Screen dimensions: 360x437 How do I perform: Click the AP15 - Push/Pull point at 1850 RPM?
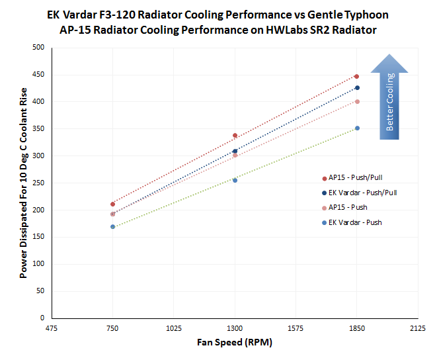356,77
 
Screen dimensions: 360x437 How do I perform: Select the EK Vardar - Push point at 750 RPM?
113,226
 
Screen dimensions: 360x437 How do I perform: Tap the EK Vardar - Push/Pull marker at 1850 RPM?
357,88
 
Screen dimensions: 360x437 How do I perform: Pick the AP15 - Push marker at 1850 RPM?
357,101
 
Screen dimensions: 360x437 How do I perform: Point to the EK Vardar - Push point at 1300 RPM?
235,180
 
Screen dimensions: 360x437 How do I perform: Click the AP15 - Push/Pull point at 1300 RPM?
235,136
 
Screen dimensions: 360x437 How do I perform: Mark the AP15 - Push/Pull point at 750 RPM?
113,204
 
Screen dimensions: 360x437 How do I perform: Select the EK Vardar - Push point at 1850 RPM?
357,128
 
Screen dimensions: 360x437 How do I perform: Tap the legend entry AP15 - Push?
346,207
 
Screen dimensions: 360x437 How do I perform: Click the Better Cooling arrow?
389,96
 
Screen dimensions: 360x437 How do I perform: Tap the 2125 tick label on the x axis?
418,328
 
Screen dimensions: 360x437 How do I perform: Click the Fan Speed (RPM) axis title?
235,343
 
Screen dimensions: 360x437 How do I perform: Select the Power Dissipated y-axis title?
24,183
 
